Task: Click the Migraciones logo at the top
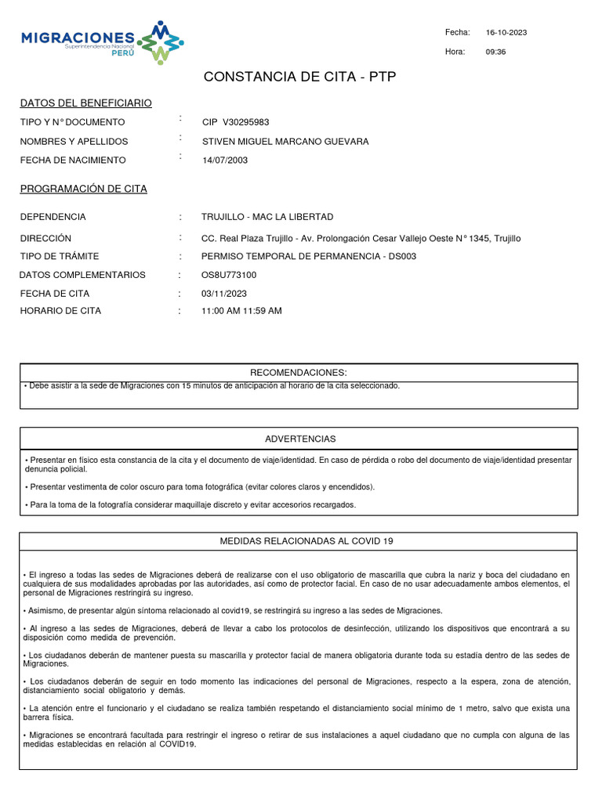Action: pos(103,42)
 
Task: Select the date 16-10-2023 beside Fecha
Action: pos(506,32)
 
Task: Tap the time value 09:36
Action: pos(496,52)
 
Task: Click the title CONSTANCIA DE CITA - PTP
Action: pos(299,77)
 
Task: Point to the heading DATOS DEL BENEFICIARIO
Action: pos(86,103)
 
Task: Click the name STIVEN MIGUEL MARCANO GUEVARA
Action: pos(285,142)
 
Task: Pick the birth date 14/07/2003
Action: pos(225,160)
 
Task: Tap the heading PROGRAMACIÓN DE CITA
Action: pos(83,190)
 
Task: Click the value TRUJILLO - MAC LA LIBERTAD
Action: pos(267,217)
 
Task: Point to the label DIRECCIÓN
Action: pos(45,238)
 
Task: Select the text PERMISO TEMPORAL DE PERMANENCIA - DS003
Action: pos(309,256)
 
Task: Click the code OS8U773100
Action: pos(229,275)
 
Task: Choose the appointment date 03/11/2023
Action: pos(224,294)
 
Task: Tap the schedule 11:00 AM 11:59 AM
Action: pos(241,311)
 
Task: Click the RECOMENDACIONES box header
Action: pos(298,372)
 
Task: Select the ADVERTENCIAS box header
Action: pos(300,439)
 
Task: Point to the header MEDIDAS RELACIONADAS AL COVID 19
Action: pos(299,542)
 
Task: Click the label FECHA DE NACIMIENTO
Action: pos(73,160)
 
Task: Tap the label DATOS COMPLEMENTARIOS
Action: pos(82,275)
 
